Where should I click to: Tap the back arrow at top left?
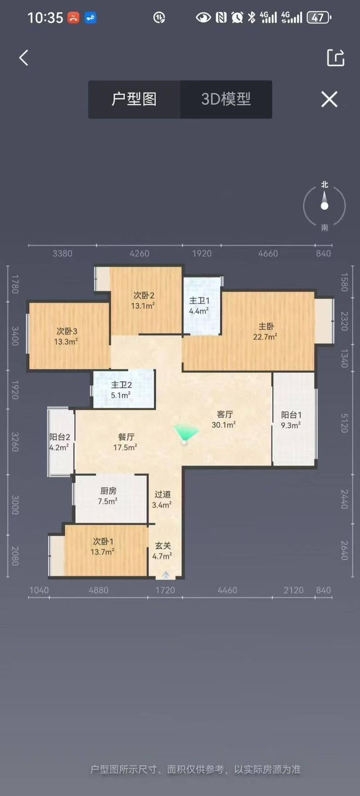23,58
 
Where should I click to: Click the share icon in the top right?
335,58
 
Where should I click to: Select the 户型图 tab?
134,99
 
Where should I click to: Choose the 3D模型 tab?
226,99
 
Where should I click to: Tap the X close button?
329,99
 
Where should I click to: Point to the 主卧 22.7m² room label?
265,331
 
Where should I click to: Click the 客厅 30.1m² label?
224,419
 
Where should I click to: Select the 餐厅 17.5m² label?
126,442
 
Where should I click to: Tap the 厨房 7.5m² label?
108,496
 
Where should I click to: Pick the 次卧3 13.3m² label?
66,336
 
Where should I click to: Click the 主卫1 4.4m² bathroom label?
199,306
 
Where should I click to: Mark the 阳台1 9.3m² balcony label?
291,420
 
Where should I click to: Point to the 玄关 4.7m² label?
162,551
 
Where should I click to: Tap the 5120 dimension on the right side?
344,423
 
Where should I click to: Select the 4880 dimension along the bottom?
99,590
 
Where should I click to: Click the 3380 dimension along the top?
62,253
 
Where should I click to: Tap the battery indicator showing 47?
319,18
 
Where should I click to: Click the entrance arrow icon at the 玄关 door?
166,574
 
